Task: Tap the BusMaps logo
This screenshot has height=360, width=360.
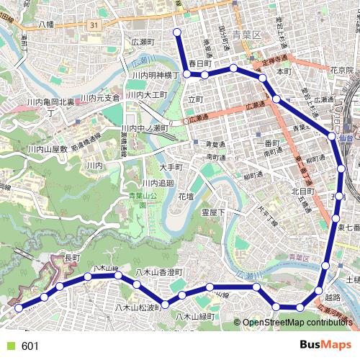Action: point(325,345)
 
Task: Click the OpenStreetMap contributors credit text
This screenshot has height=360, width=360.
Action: point(297,322)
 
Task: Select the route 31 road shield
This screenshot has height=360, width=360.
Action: point(94,25)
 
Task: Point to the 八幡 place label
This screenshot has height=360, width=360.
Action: point(46,24)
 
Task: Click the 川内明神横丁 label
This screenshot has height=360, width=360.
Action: point(155,75)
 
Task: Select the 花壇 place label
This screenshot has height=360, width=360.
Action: point(186,196)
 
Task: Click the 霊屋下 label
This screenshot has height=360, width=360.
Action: point(213,212)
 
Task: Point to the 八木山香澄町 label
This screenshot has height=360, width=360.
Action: point(160,271)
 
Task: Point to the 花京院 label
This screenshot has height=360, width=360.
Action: point(341,71)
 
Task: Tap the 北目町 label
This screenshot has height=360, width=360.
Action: point(303,192)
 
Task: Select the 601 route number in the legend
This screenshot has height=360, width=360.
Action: point(30,346)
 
